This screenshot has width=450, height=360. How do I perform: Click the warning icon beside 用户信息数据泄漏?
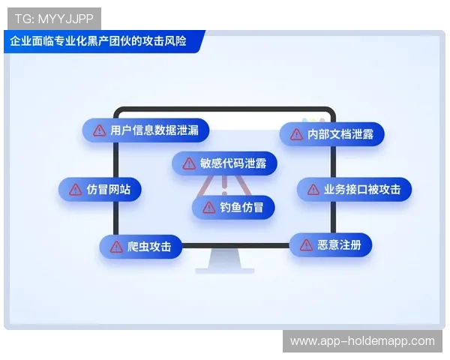pyautogui.click(x=99, y=130)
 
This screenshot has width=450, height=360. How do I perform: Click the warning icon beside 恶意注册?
pyautogui.click(x=306, y=244)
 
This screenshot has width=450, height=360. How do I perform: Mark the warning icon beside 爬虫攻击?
pyautogui.click(x=115, y=246)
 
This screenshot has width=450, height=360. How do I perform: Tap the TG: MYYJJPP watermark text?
pyautogui.click(x=52, y=17)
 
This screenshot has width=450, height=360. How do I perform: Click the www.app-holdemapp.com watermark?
pyautogui.click(x=362, y=341)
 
